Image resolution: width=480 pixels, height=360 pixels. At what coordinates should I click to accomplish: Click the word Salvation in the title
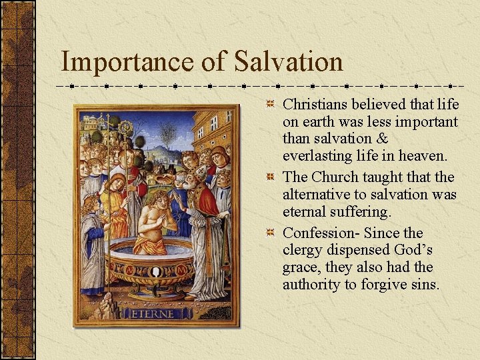click(289, 62)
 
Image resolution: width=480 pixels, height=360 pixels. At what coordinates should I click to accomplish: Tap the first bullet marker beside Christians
click(270, 105)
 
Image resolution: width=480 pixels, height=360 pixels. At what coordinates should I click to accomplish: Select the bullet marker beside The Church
click(270, 177)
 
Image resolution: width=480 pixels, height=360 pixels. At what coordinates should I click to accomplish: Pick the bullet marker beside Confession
click(270, 233)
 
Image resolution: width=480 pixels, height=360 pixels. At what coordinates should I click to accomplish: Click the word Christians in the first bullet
click(317, 105)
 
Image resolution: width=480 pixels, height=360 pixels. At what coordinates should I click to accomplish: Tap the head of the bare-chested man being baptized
click(158, 199)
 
